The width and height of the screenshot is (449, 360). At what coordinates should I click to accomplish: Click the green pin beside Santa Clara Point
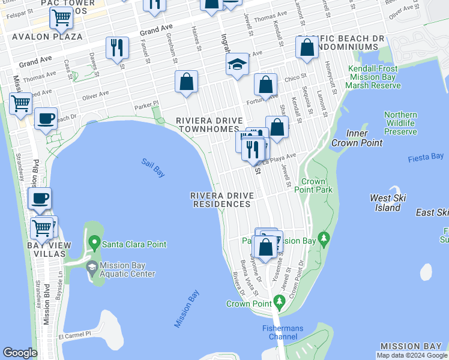[94, 244]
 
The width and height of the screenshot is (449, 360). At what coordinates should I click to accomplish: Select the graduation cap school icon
[238, 65]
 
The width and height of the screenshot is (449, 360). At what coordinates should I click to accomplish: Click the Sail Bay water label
[153, 167]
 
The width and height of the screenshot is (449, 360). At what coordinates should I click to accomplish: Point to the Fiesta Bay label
[425, 157]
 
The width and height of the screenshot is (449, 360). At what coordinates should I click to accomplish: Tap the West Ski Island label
[385, 203]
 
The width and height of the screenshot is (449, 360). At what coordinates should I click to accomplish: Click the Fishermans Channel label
[282, 332]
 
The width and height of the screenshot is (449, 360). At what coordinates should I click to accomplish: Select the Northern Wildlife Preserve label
[400, 123]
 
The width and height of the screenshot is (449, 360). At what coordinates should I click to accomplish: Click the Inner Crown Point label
[364, 138]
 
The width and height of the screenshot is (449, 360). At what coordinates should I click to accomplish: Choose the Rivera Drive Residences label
[221, 200]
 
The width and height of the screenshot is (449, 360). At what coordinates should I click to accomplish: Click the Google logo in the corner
[20, 353]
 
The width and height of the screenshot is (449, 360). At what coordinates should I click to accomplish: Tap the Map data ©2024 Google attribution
[412, 355]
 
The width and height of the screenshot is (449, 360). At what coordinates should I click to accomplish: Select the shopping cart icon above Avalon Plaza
[61, 19]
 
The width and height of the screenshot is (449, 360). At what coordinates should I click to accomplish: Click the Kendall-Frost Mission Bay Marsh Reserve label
[373, 77]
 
